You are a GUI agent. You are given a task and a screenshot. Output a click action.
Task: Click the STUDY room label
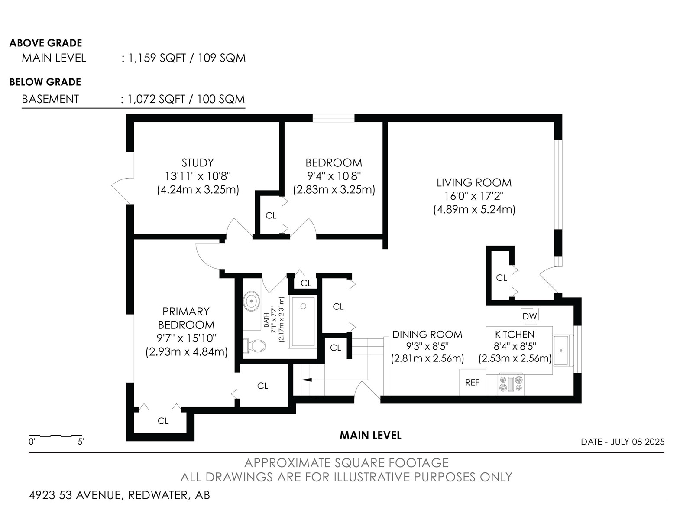click(198, 162)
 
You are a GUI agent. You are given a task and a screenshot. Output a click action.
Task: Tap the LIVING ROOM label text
click(474, 182)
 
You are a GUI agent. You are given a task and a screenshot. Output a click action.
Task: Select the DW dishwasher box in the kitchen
click(529, 316)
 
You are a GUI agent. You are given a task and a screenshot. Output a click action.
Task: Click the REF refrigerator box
click(472, 382)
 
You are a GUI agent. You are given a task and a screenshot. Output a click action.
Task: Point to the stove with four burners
click(511, 384)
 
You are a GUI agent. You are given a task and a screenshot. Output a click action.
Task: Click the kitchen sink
click(563, 351)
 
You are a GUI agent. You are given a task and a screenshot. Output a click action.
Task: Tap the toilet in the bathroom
click(255, 346)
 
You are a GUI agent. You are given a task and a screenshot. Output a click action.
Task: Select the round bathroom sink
click(251, 302)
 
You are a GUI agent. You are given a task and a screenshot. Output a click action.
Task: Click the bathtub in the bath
click(303, 322)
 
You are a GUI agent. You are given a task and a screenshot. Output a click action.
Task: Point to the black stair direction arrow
click(307, 380)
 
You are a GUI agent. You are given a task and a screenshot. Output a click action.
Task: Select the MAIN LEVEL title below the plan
click(370, 435)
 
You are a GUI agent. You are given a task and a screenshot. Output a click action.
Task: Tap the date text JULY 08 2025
click(638, 442)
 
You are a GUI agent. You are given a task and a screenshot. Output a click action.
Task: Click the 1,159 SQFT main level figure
click(157, 58)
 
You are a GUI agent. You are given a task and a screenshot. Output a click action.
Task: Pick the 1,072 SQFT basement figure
click(156, 99)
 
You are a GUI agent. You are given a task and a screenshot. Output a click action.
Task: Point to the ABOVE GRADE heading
click(46, 43)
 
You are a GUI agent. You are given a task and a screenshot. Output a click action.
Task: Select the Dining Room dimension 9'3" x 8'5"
click(427, 346)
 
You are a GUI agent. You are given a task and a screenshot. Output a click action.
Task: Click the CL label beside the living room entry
click(502, 277)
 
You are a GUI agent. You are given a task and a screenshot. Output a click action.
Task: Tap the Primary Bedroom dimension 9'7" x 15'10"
click(187, 338)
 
